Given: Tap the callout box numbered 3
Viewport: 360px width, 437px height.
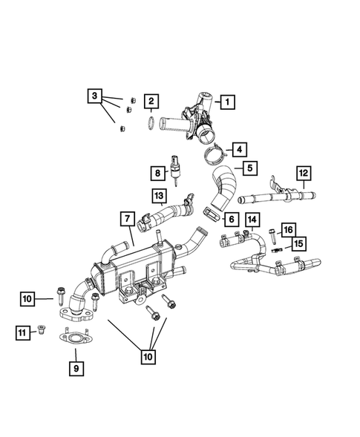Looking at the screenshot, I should (94, 96).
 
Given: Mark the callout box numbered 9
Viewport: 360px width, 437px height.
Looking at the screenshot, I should (74, 366).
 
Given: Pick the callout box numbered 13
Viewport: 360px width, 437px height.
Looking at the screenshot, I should (159, 196).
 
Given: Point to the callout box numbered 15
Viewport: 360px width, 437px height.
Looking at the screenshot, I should (298, 243).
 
